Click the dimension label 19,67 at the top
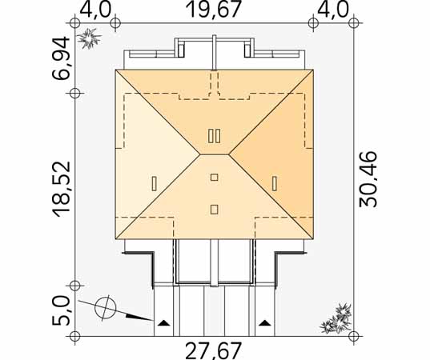coord(214,10)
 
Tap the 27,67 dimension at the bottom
coord(214,351)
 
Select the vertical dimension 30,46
coord(368,178)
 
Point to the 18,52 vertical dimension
coord(62,190)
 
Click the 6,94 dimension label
coord(61,58)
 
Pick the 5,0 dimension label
coord(61,310)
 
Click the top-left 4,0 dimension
coord(95,10)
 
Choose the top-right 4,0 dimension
coord(333,10)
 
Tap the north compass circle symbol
coord(106,308)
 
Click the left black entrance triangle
coord(163,322)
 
